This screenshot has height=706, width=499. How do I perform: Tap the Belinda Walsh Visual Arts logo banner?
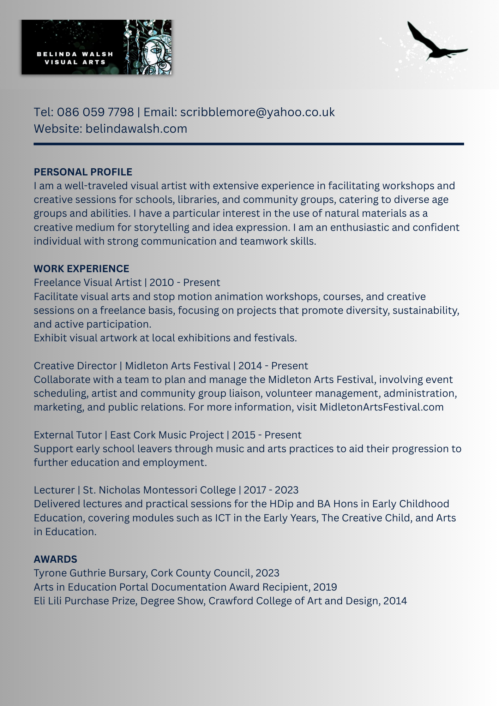pyautogui.click(x=96, y=47)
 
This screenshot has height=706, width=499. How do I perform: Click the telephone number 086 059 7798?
pyautogui.click(x=95, y=112)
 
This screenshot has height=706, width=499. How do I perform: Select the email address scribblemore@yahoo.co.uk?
pyautogui.click(x=257, y=112)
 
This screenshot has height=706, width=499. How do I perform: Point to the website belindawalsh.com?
pyautogui.click(x=136, y=129)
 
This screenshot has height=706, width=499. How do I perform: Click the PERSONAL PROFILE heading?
pyautogui.click(x=83, y=172)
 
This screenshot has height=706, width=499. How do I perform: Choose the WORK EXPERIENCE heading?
pyautogui.click(x=82, y=269)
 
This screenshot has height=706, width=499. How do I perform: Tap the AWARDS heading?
pyautogui.click(x=55, y=559)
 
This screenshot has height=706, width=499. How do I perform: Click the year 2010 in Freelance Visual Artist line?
pyautogui.click(x=162, y=283)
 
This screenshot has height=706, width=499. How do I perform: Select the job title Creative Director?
pyautogui.click(x=75, y=366)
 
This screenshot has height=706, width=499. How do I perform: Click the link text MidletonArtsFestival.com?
pyautogui.click(x=381, y=407)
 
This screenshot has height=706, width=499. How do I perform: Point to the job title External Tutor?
pyautogui.click(x=68, y=435)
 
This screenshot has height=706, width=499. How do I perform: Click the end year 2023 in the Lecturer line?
pyautogui.click(x=287, y=490)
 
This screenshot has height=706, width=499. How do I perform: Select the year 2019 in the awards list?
pyautogui.click(x=325, y=587)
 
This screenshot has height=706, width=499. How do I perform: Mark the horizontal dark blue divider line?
pyautogui.click(x=249, y=144)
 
